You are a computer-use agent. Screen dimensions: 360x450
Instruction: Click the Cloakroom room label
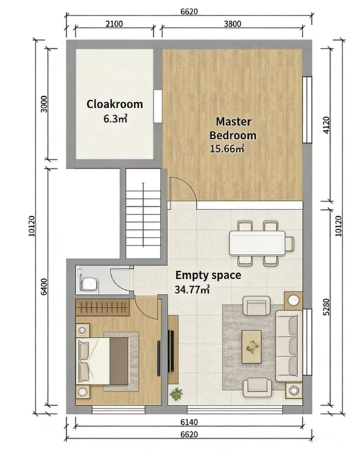114,104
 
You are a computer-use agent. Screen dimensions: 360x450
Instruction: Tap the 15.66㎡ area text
227,149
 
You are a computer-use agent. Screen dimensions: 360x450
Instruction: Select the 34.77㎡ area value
192,289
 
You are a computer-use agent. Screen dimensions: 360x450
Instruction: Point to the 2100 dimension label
114,24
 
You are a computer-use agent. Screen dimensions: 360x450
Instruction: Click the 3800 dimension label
232,24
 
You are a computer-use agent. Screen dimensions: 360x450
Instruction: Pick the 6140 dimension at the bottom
189,422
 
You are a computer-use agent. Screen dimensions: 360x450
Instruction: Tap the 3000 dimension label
44,104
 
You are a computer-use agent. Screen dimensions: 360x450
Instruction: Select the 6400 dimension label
44,286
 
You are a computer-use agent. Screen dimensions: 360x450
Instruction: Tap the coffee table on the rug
251,347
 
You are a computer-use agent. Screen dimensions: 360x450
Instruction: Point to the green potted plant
176,394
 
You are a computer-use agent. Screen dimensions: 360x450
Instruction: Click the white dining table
257,243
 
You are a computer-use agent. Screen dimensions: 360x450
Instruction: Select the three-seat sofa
289,346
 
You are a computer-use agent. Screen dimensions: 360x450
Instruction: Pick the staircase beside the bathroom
143,213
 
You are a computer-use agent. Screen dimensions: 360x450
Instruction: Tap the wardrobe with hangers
102,307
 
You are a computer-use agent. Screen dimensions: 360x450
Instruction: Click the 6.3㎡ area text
115,119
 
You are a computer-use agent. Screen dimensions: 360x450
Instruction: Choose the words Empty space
208,275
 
